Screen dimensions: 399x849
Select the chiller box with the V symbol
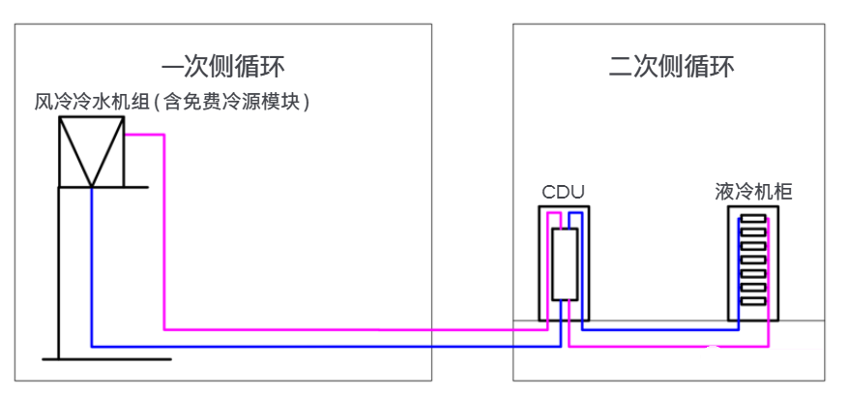tap(92, 151)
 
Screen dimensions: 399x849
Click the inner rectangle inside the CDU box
tap(564, 263)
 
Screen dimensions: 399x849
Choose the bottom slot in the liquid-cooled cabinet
tap(753, 299)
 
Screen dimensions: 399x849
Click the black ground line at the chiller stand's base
tap(106, 359)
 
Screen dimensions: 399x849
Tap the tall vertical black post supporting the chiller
tap(59, 271)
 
